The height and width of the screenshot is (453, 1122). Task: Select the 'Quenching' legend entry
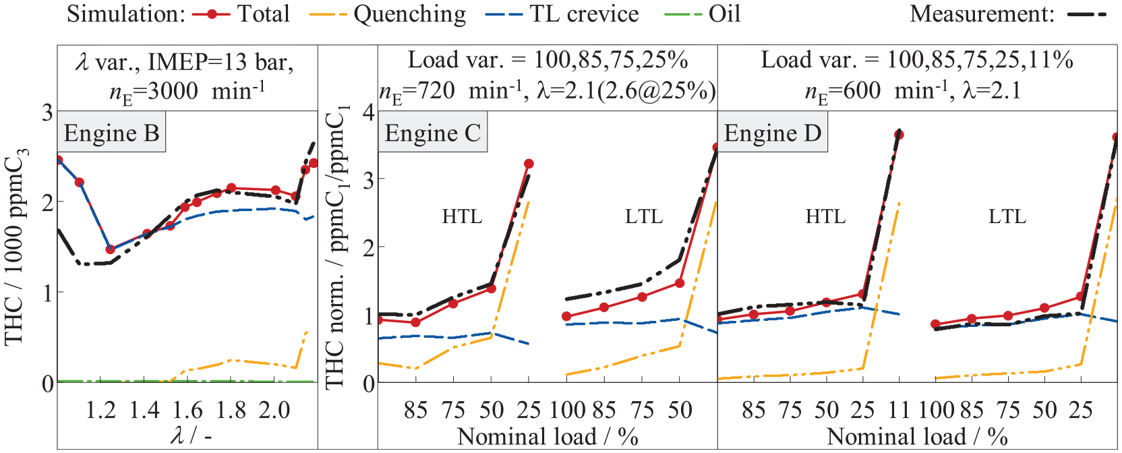tap(388, 15)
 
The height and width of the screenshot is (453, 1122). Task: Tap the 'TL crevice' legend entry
tap(562, 13)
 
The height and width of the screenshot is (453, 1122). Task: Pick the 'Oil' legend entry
tap(702, 13)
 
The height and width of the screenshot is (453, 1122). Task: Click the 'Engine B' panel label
tap(111, 133)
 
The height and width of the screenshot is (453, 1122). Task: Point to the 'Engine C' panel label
tap(432, 133)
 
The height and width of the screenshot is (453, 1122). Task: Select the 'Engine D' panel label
tap(772, 133)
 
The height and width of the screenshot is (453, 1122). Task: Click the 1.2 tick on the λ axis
tap(101, 411)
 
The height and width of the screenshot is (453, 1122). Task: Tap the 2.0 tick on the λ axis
tap(274, 411)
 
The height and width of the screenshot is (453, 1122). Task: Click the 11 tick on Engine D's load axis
tap(899, 411)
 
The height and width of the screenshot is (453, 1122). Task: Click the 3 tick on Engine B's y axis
tap(48, 112)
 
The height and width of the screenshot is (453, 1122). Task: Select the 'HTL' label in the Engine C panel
tap(462, 216)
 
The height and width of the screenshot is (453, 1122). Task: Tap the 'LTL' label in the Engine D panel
tap(1007, 216)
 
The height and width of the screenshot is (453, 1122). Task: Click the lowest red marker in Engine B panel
tap(111, 249)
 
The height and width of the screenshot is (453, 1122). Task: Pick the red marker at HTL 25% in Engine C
tap(529, 164)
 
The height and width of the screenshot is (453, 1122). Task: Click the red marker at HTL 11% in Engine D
tap(899, 135)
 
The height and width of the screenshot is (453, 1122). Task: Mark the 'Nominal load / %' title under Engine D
tap(917, 436)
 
